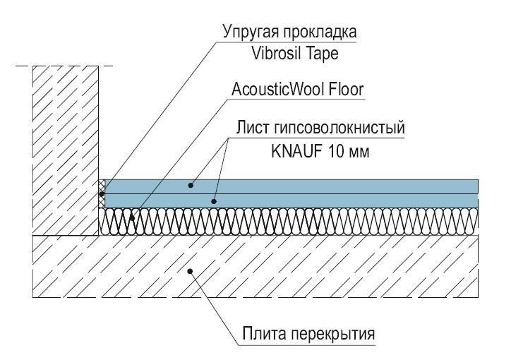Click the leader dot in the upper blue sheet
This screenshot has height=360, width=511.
click(x=191, y=186)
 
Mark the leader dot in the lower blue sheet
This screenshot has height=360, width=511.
click(x=213, y=202)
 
